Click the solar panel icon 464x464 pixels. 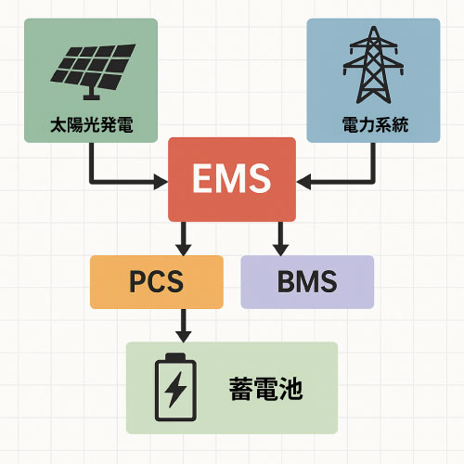point(93,72)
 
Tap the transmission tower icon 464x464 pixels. point(373,65)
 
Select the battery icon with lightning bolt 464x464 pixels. point(175,387)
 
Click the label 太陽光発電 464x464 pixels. point(92,124)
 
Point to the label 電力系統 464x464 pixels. point(375,124)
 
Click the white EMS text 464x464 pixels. point(232,178)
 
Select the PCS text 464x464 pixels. point(157,281)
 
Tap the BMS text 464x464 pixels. point(307,281)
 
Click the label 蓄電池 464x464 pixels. point(265,389)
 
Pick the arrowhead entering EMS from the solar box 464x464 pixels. point(161,182)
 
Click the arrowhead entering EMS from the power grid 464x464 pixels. point(303,182)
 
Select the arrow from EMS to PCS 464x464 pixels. point(184,238)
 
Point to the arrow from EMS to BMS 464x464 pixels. point(280,238)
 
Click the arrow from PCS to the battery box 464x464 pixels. point(184,326)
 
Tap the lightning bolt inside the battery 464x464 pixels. point(175,390)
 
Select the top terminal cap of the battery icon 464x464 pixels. point(175,356)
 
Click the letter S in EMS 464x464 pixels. point(259,178)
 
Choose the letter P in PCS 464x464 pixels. point(137,281)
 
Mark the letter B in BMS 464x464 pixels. point(286,281)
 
